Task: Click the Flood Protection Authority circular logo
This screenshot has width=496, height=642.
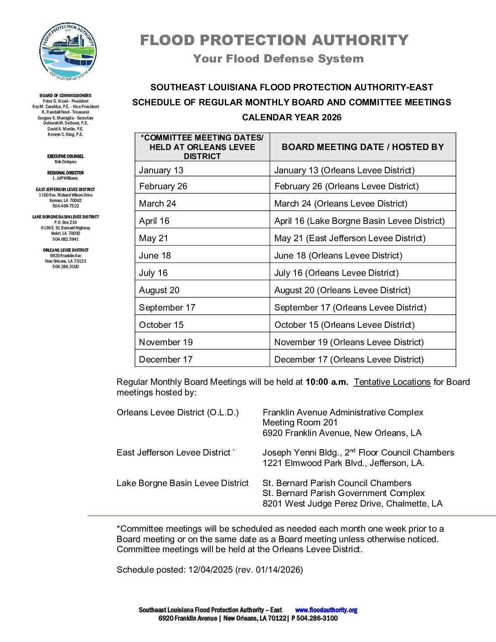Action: pos(68,52)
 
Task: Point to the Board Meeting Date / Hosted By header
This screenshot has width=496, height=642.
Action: pos(362,147)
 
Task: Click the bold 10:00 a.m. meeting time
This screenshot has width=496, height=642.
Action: pos(326,382)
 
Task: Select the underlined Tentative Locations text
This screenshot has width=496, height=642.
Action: pos(392,382)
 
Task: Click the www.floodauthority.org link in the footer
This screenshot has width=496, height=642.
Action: pos(326,610)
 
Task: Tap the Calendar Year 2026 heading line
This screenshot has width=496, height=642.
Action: pos(291,118)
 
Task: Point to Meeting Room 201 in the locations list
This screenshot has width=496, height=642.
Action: pos(300,423)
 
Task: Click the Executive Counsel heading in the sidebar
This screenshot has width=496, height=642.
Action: pos(66,156)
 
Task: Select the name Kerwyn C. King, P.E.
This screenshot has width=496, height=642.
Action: pos(66,135)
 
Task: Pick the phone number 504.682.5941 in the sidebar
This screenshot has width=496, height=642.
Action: pos(66,239)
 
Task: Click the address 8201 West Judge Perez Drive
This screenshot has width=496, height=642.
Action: pos(352,504)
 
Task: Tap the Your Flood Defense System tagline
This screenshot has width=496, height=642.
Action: pos(278,59)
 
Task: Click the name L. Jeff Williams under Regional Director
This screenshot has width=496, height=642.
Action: pos(66,178)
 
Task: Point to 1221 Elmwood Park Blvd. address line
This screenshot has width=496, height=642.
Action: pos(343,463)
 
